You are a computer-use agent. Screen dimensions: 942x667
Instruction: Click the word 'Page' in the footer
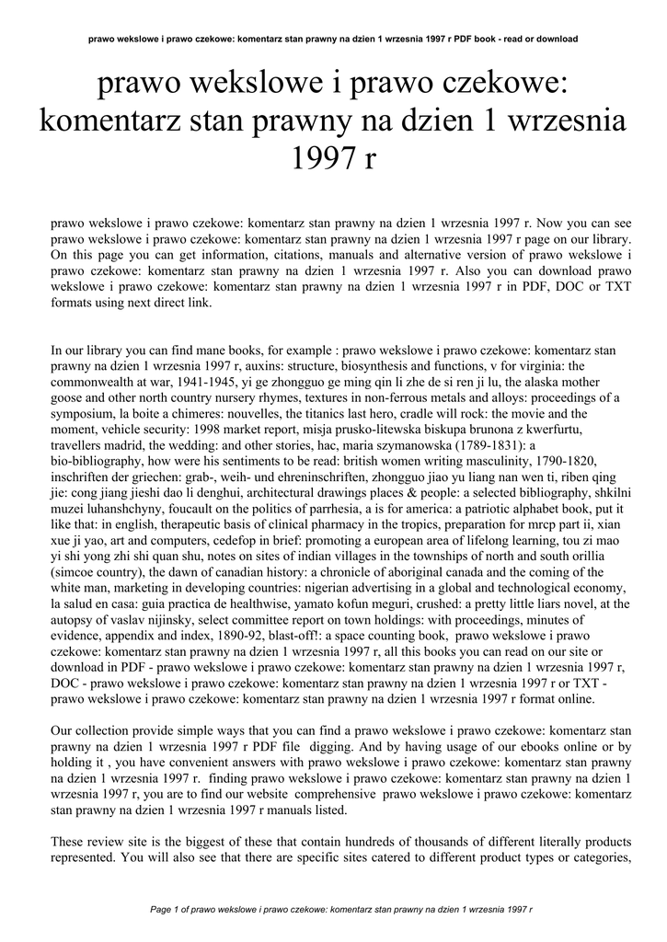coord(161,909)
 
